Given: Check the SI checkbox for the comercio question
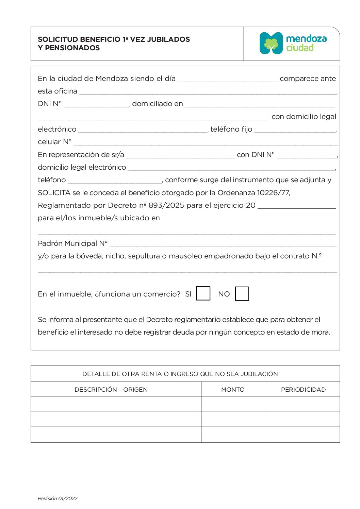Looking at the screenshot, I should [x=203, y=293].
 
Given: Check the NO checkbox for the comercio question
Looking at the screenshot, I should [x=242, y=294].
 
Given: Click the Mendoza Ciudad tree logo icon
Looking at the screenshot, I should [x=271, y=43].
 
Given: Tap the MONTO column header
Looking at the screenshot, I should [x=233, y=390].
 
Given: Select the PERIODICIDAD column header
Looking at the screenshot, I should [x=303, y=390].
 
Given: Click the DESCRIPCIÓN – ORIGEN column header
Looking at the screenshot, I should [x=111, y=390].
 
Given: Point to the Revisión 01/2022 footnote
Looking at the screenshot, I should [x=58, y=498].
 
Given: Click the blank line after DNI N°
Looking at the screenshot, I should [x=97, y=105].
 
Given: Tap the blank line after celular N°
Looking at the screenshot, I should [x=206, y=143].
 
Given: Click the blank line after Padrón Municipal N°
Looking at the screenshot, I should [x=223, y=244].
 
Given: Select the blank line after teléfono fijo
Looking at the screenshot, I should [x=295, y=130].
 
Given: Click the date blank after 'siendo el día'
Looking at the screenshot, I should [x=228, y=80].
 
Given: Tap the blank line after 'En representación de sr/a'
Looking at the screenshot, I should [x=180, y=156].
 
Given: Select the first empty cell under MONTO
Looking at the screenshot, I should [x=233, y=404].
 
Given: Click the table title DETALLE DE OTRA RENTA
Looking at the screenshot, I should [x=180, y=374].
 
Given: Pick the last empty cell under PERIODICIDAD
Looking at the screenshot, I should [x=302, y=435].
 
